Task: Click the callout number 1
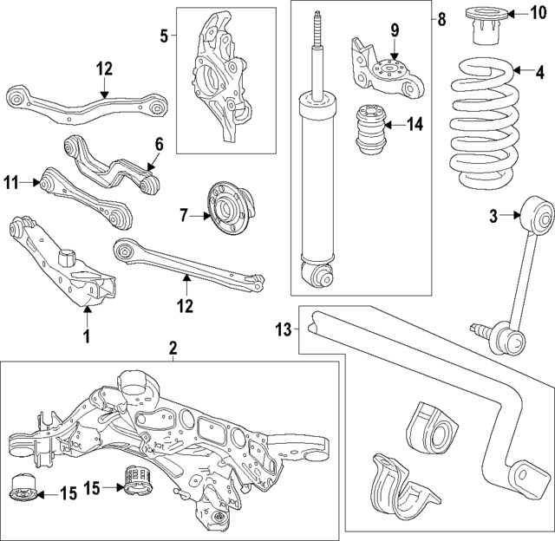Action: click(86, 336)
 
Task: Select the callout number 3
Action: click(493, 217)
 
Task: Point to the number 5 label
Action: click(165, 36)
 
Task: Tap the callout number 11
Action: click(11, 182)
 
